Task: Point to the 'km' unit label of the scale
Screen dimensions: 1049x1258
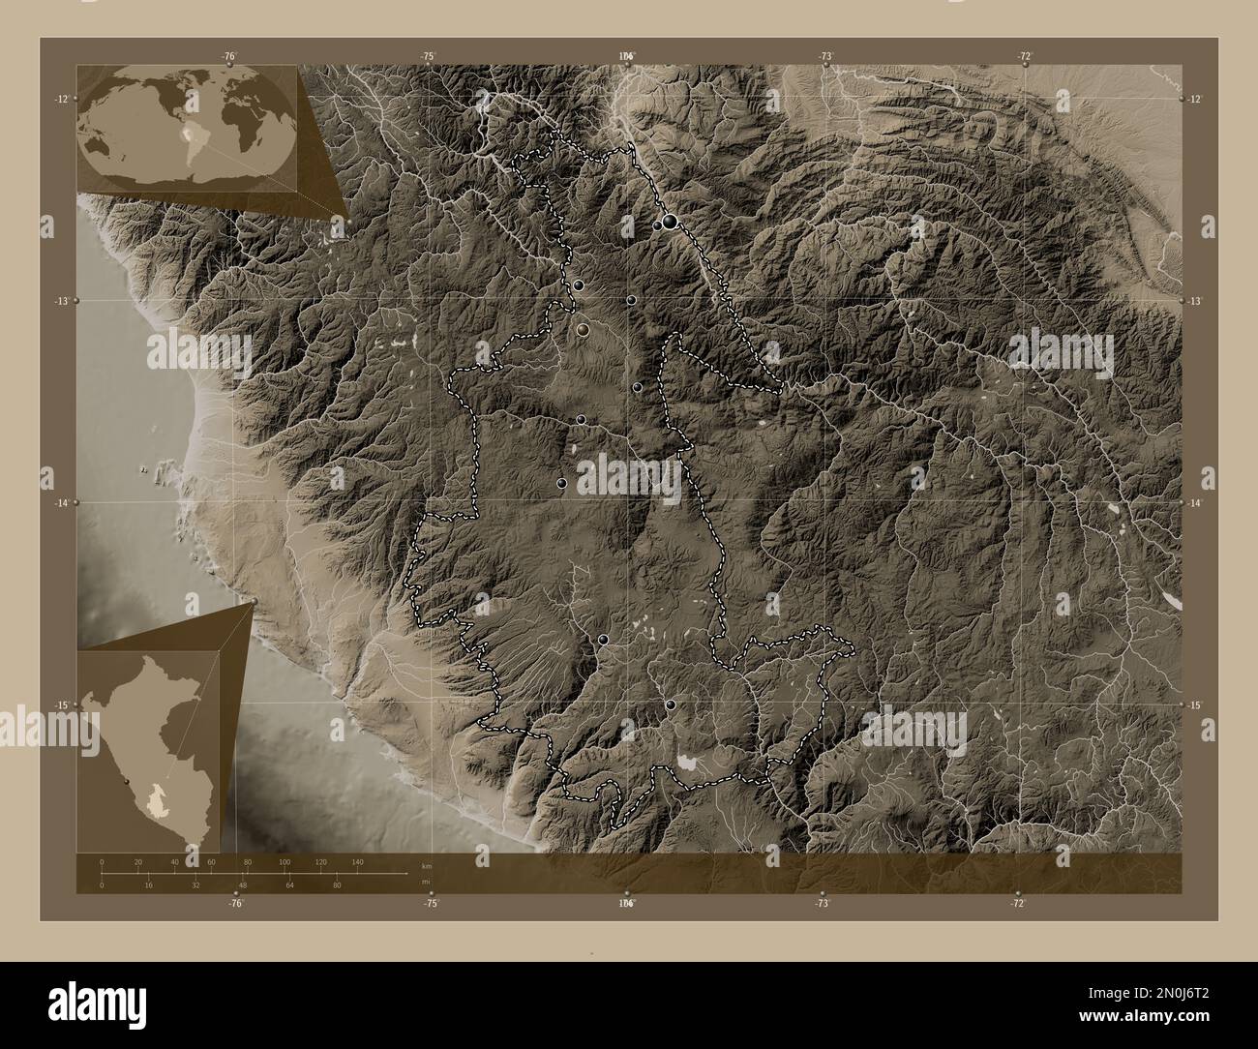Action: [426, 864]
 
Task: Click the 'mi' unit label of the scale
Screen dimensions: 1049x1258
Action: [425, 882]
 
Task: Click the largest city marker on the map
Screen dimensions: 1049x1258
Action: [670, 223]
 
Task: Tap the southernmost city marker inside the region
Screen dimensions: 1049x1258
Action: [670, 704]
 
